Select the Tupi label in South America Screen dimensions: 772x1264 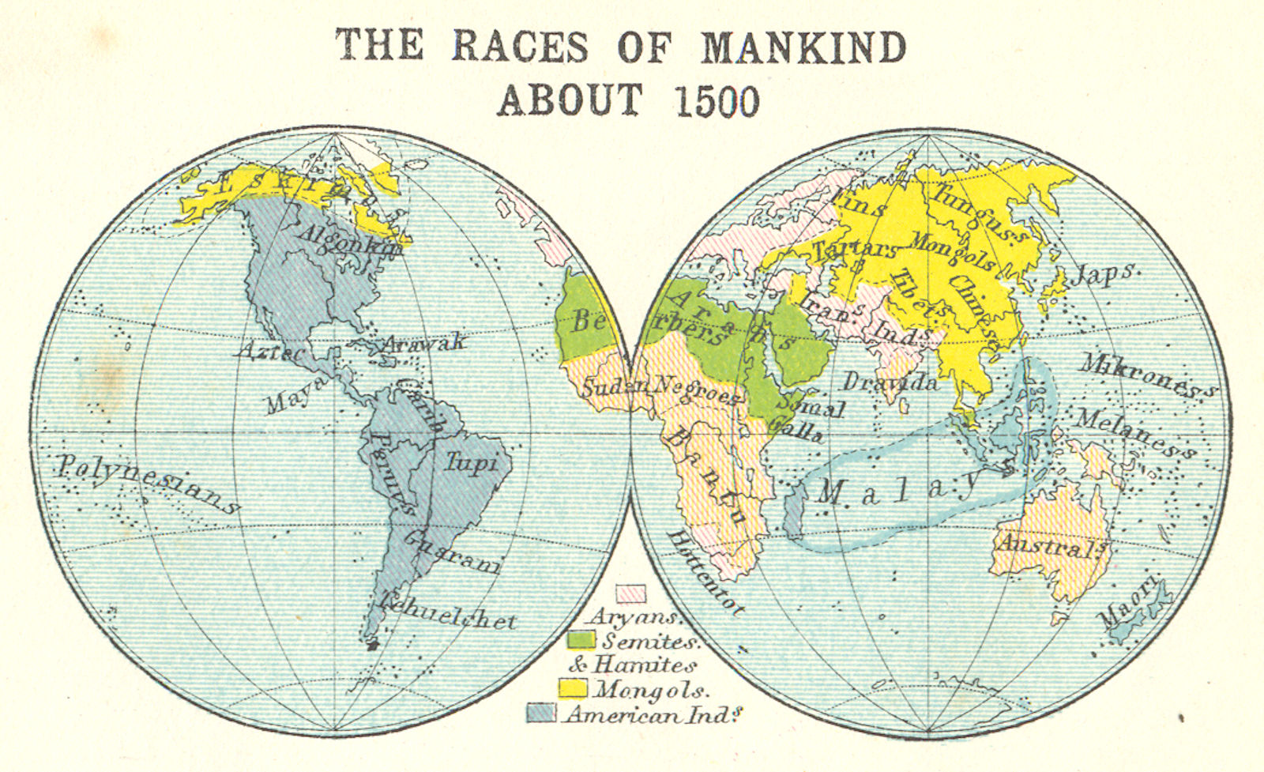[472, 461]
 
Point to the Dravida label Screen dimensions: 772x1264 [890, 382]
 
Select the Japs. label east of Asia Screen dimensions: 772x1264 [1105, 274]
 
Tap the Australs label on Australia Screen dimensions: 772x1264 [1050, 546]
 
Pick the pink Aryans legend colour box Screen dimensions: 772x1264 [630, 593]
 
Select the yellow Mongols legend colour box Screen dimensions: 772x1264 [573, 687]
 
